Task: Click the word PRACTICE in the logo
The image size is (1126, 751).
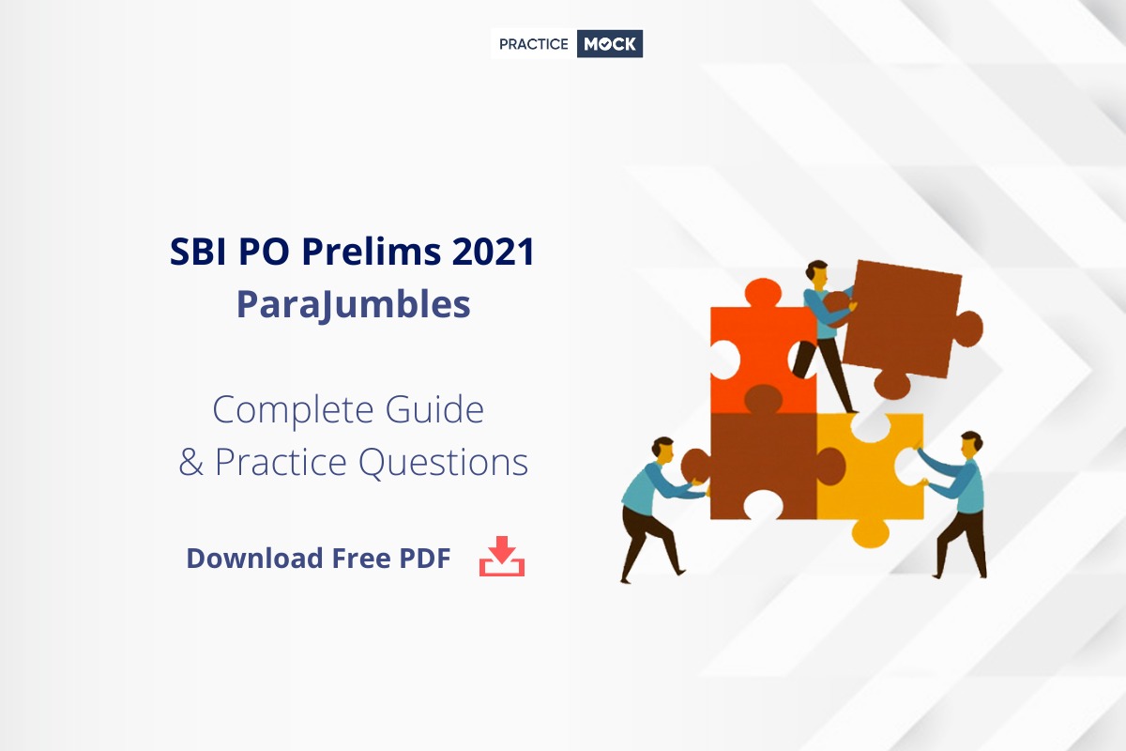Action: (x=533, y=44)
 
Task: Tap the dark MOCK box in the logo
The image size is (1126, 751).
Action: (x=610, y=44)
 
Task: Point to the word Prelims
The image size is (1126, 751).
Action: (x=372, y=251)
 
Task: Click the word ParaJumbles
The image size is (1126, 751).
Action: (x=354, y=305)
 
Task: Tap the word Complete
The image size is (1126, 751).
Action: (x=293, y=411)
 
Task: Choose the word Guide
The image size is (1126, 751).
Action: (x=434, y=409)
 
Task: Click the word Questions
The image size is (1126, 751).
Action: (x=443, y=462)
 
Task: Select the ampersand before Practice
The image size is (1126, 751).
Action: (x=191, y=462)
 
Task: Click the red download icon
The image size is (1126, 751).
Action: (x=502, y=556)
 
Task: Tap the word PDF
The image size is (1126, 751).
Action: (x=425, y=559)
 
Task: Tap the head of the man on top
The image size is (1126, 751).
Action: (x=817, y=274)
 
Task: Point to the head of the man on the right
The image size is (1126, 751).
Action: (x=970, y=445)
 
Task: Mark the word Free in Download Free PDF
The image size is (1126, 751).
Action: (x=361, y=559)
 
